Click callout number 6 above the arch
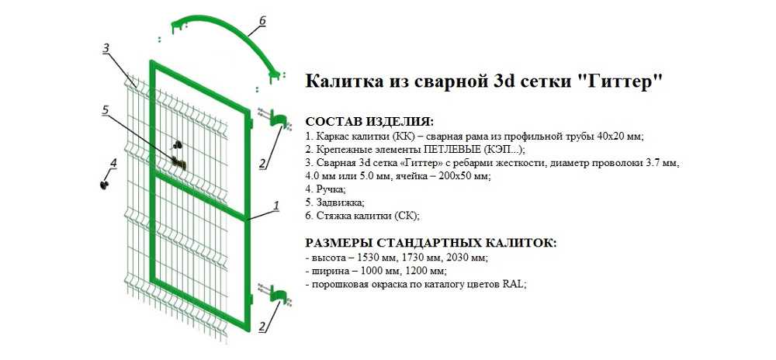pyautogui.click(x=262, y=20)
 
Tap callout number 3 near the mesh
pyautogui.click(x=106, y=47)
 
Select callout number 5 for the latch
pyautogui.click(x=105, y=109)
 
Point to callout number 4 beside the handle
pyautogui.click(x=113, y=162)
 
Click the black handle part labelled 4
pyautogui.click(x=105, y=185)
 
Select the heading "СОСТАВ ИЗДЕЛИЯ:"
pyautogui.click(x=369, y=121)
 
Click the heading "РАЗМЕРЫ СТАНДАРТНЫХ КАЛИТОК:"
pyautogui.click(x=431, y=244)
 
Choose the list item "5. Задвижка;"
pyautogui.click(x=334, y=202)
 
